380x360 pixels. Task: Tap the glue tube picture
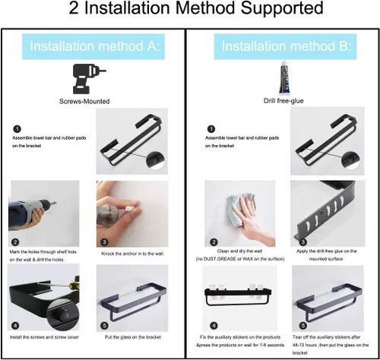(283, 77)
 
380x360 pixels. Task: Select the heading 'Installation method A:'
(95, 46)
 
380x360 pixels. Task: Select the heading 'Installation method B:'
(287, 46)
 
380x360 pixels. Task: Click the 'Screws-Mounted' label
(84, 101)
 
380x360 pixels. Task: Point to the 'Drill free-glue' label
(283, 101)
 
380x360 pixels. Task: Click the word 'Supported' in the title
(282, 8)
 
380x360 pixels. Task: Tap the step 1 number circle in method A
(17, 129)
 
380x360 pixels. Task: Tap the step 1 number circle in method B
(211, 129)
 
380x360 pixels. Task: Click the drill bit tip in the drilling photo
(55, 203)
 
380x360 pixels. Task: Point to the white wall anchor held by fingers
(129, 209)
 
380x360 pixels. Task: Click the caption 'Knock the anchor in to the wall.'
(133, 254)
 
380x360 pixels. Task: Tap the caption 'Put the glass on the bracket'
(133, 337)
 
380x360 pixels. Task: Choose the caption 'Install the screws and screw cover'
(44, 337)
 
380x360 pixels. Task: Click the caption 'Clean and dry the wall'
(239, 251)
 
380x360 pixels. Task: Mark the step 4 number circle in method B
(214, 326)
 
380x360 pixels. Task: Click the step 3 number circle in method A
(104, 242)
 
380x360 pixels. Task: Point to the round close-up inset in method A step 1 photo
(155, 160)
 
